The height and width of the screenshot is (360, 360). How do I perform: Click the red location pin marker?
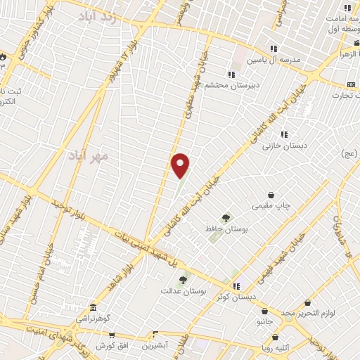click(x=181, y=165)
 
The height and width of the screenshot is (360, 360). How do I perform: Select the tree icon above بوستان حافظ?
click(x=225, y=218)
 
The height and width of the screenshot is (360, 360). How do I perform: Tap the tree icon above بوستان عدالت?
click(x=183, y=279)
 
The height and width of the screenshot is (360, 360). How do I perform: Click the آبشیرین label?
click(x=155, y=345)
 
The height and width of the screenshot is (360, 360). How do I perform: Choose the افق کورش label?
click(x=110, y=346)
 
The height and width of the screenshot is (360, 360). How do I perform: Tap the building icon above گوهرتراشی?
click(x=94, y=308)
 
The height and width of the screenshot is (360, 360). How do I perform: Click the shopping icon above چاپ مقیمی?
click(x=271, y=195)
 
